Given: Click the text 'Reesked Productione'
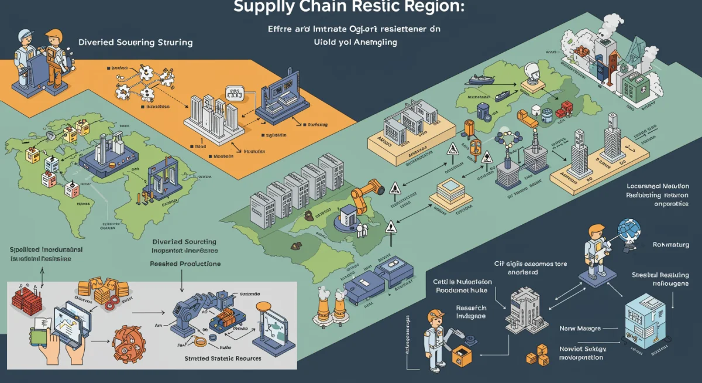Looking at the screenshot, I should tap(185, 264).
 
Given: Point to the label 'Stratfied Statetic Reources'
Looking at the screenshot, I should tap(222, 358).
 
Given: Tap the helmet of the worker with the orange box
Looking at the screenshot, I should tap(436, 314).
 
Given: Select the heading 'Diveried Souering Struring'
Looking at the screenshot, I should tap(135, 43).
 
